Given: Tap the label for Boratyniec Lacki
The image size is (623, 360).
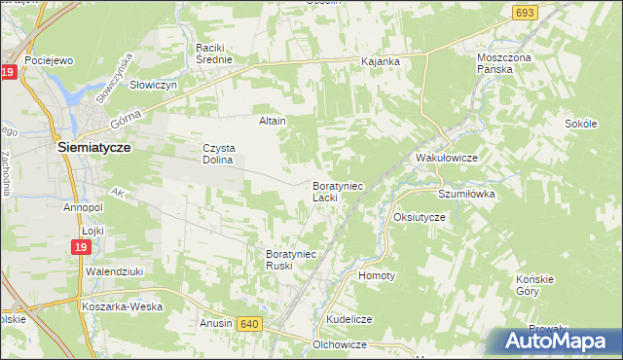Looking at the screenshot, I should pyautogui.click(x=337, y=191).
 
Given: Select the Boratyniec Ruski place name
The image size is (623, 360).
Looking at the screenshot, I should pyautogui.click(x=291, y=260).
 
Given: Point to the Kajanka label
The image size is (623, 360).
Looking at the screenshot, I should pyautogui.click(x=381, y=61).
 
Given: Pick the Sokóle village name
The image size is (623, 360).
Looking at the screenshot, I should pyautogui.click(x=580, y=125).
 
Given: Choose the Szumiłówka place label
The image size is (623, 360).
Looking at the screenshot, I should pyautogui.click(x=466, y=194).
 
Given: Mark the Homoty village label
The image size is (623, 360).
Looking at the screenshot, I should pyautogui.click(x=377, y=275).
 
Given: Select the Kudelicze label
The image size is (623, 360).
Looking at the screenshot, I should pyautogui.click(x=350, y=318).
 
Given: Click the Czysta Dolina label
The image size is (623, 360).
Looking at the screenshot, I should pyautogui.click(x=218, y=154).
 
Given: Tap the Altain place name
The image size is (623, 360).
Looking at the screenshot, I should pyautogui.click(x=272, y=121).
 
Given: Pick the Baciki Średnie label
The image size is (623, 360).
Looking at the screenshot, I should pyautogui.click(x=214, y=54).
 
